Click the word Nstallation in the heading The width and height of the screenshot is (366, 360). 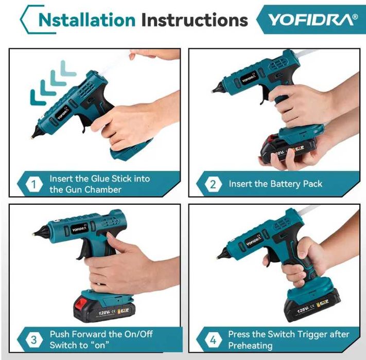tap(87, 20)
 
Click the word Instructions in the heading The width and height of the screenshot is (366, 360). tap(195, 20)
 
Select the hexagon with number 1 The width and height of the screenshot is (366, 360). tap(34, 184)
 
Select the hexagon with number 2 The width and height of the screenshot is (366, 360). tap(213, 184)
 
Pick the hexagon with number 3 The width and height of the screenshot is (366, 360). tap(34, 339)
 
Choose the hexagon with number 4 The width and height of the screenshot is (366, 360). tap(213, 340)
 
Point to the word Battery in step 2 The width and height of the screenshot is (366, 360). tap(285, 184)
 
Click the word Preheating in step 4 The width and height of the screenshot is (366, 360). tap(250, 345)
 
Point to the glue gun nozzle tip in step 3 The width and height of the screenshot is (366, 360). tap(34, 234)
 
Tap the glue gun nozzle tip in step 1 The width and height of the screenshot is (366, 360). tap(32, 138)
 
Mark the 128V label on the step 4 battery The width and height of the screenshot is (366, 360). tap(303, 310)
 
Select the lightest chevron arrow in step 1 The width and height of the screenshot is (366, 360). tap(67, 68)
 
